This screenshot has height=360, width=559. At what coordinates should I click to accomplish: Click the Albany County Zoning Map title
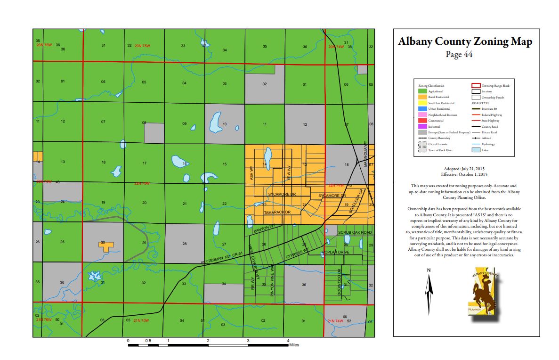point(465,41)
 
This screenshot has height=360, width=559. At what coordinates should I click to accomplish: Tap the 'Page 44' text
point(459,54)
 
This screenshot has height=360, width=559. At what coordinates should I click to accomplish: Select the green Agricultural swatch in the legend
point(422,91)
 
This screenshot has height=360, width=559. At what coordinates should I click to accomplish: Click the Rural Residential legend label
point(439,97)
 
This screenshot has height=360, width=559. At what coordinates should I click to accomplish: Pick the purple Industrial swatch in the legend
point(422,127)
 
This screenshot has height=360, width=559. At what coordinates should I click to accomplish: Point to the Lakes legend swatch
point(475,150)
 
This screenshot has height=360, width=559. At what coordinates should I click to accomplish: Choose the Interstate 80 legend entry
point(489,109)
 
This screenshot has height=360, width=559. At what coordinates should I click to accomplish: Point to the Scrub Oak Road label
point(355,233)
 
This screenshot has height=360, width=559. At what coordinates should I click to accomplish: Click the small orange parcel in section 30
point(106,245)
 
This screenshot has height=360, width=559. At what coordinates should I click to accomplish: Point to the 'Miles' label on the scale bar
point(294,345)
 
